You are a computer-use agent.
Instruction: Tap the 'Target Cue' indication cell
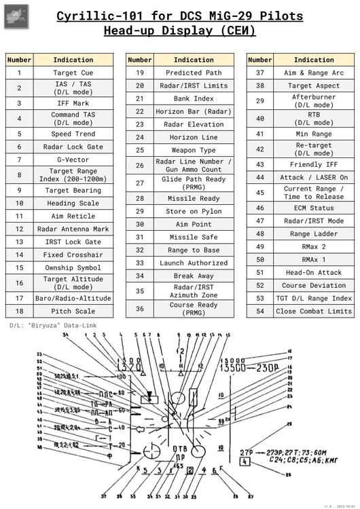[73, 73]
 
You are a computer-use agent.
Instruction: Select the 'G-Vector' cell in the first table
[73, 159]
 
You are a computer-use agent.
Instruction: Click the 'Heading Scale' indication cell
[73, 203]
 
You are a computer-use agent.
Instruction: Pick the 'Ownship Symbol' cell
[73, 267]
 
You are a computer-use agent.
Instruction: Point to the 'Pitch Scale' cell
[73, 311]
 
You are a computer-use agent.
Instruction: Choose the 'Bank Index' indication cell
[194, 98]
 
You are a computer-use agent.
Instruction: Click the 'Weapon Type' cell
[194, 150]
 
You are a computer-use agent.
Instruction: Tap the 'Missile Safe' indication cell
[194, 237]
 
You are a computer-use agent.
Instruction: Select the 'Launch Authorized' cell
[194, 263]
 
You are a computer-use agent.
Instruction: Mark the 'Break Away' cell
[194, 276]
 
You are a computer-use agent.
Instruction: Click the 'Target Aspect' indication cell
[314, 86]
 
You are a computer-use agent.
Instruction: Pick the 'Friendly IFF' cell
[314, 164]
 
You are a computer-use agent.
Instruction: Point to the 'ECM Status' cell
[314, 208]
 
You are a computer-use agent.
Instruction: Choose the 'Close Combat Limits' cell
[314, 311]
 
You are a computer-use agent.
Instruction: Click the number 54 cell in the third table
[259, 311]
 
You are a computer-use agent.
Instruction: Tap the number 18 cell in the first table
[20, 311]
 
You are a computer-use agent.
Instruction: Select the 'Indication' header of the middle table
[194, 60]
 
